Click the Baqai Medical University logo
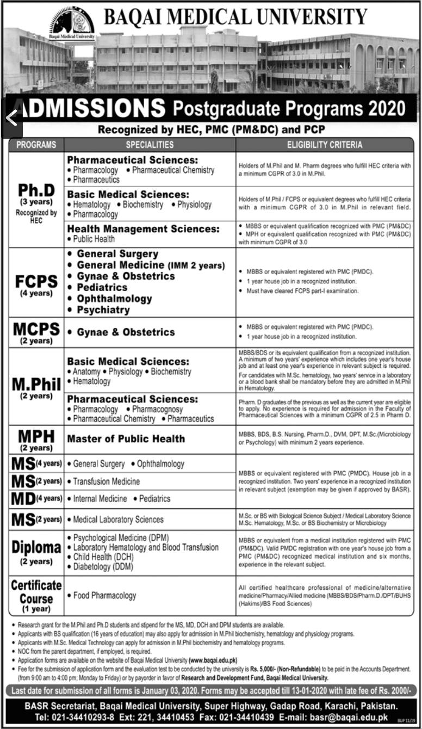click(72, 23)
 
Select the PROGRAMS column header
click(36, 145)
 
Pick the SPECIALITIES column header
click(150, 145)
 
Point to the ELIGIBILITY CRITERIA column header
click(325, 145)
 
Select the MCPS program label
click(36, 329)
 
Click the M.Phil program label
click(36, 384)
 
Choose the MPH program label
click(36, 436)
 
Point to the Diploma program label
click(36, 547)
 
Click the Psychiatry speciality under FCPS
click(103, 310)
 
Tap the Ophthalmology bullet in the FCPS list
click(114, 299)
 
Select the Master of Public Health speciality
click(126, 438)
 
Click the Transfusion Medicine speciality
click(106, 481)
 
